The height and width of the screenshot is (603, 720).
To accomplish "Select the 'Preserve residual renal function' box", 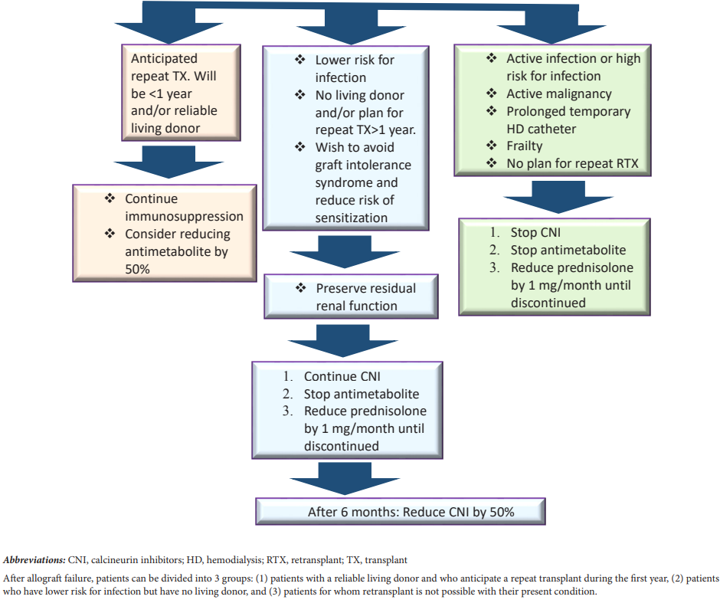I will click(x=352, y=297).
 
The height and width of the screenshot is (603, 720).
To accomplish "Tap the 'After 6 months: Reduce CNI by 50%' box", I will click(x=400, y=512).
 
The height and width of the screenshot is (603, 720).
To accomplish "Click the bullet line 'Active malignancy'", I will click(x=558, y=93).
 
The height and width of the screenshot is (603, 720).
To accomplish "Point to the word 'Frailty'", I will click(x=524, y=146).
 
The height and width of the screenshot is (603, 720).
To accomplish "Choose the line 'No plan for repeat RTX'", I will click(x=572, y=163).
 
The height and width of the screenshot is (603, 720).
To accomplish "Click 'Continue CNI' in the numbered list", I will click(x=342, y=377).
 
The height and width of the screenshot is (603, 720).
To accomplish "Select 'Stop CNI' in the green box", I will click(x=535, y=232).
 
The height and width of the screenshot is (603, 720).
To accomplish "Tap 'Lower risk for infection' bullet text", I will click(x=355, y=68).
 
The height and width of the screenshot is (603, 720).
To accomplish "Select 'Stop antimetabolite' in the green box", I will click(x=568, y=250).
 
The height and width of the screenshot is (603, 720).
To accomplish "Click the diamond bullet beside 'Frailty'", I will click(x=492, y=146).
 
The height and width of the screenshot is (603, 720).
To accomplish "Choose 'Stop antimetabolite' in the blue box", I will click(x=361, y=395).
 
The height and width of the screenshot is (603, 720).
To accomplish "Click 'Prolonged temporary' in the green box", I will click(x=568, y=111).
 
